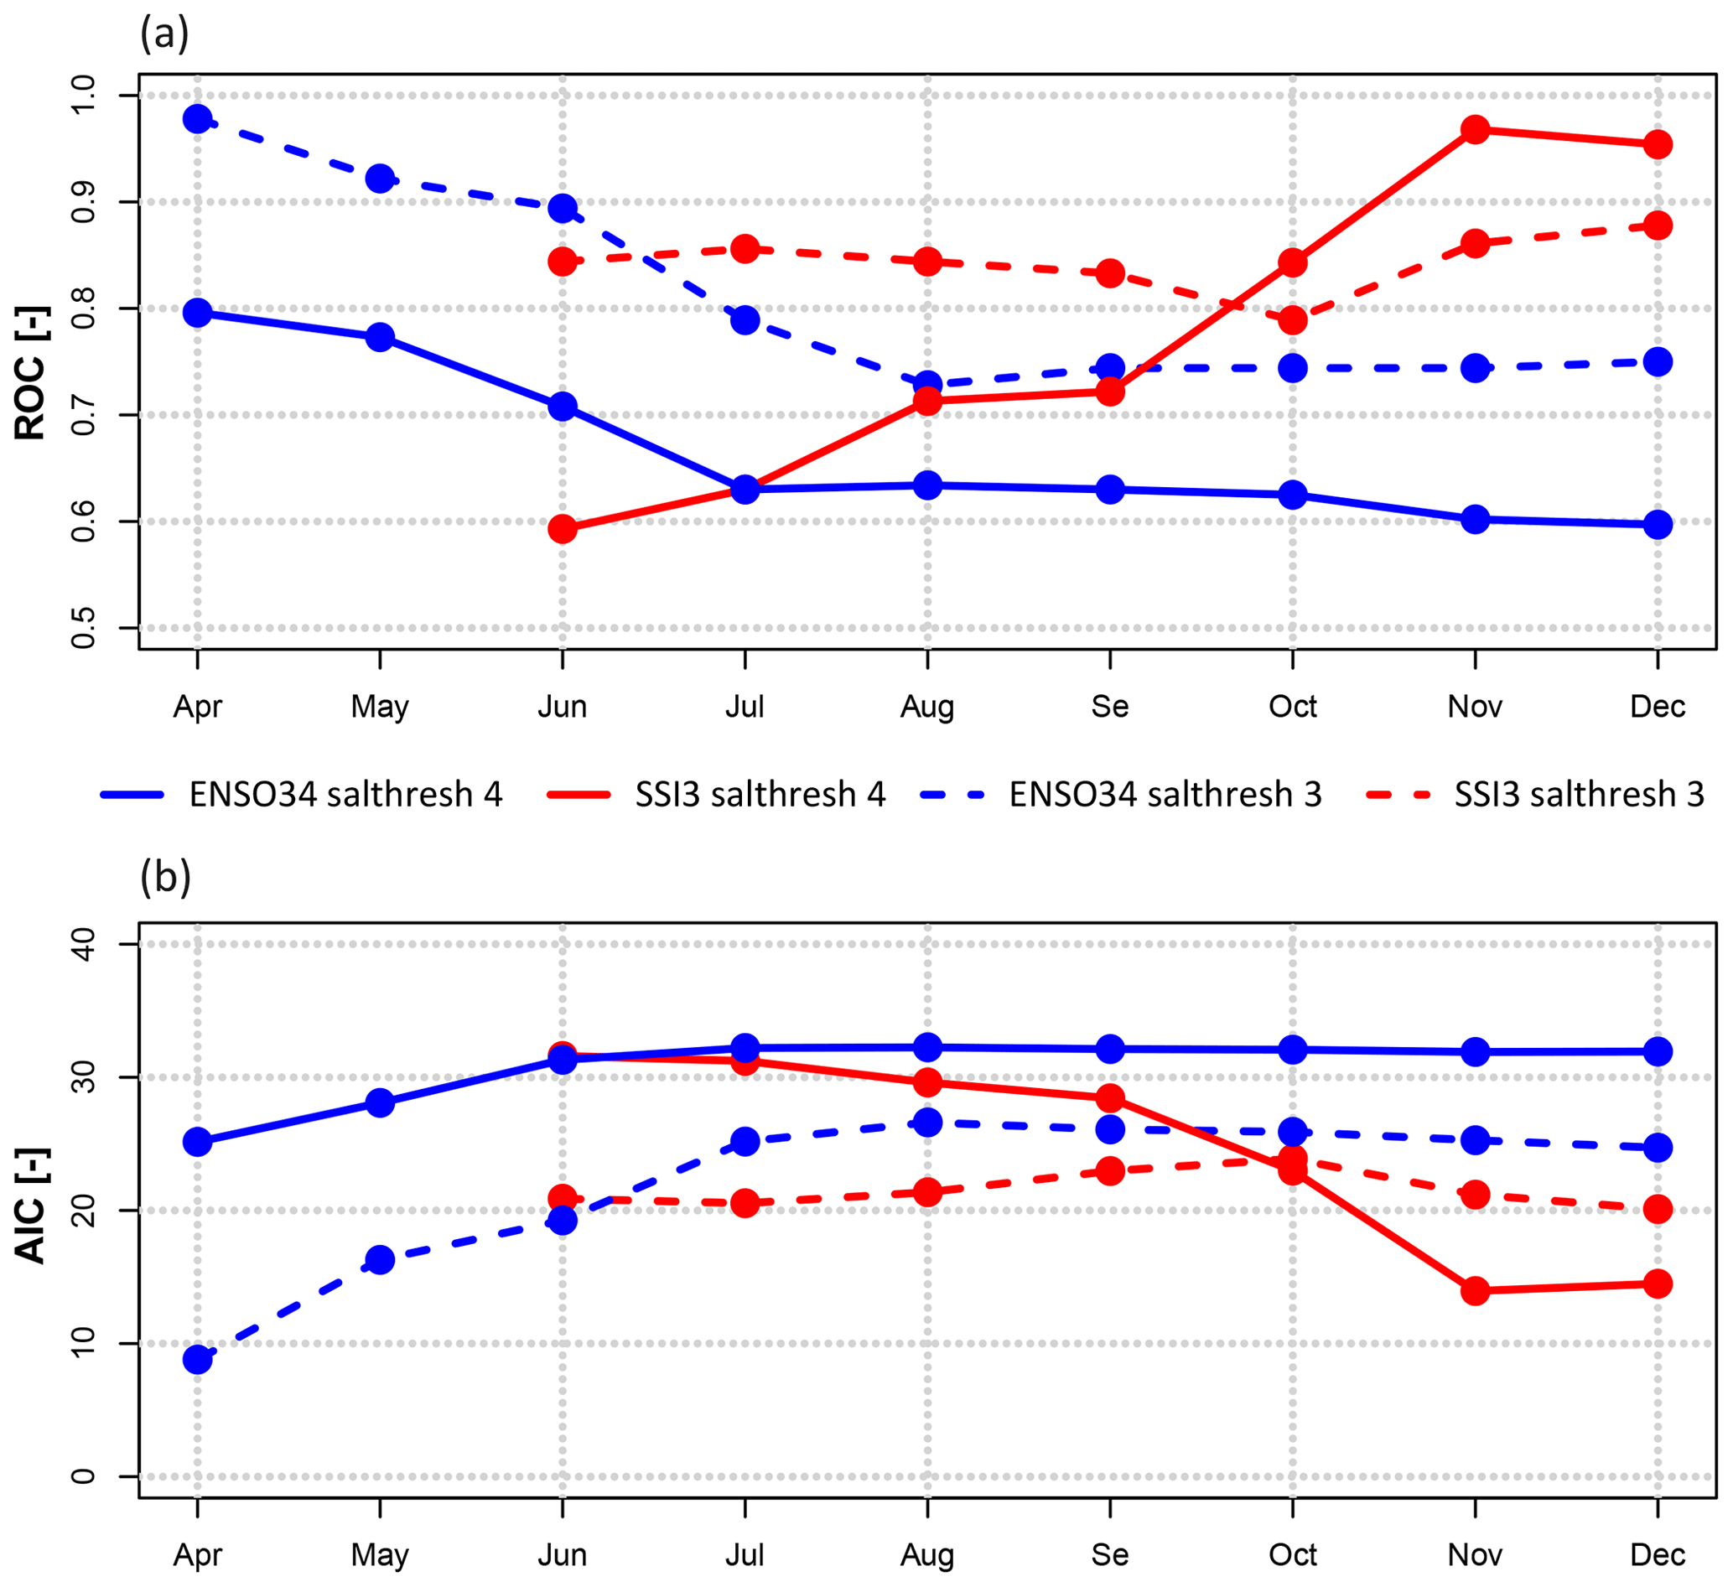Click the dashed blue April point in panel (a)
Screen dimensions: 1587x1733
point(198,119)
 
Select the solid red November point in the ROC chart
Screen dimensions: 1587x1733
point(1475,130)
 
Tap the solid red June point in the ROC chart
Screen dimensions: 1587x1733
point(563,529)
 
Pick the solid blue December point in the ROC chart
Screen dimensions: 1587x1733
point(1658,525)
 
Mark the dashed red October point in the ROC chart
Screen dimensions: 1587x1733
point(1293,320)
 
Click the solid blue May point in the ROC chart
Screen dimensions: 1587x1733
point(380,337)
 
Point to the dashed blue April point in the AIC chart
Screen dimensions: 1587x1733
point(198,1359)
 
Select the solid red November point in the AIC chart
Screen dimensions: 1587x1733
point(1475,1290)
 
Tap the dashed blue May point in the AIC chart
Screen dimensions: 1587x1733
point(380,1260)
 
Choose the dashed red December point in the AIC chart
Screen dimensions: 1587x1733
point(1658,1210)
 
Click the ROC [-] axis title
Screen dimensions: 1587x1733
point(31,373)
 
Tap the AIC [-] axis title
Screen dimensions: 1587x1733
point(31,1206)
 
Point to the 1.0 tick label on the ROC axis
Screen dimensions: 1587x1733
point(83,95)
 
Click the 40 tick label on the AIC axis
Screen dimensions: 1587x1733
point(83,944)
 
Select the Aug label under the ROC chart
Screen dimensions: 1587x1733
point(926,707)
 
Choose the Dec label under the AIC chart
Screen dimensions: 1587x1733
point(1658,1554)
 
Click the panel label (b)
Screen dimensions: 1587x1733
point(165,878)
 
